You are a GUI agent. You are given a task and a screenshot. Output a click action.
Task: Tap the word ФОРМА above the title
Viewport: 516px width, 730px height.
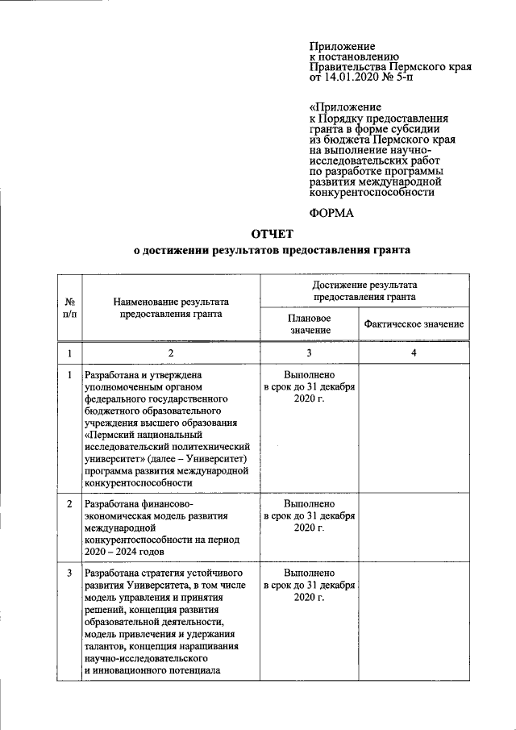(333, 213)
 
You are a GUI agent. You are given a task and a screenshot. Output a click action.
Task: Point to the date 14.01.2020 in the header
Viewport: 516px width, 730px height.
(352, 78)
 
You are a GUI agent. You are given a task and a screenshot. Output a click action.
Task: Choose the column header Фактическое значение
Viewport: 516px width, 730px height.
(414, 324)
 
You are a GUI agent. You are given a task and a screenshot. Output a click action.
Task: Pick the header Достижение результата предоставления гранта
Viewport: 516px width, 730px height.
(364, 290)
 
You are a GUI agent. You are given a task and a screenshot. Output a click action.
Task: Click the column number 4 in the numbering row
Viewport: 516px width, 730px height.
(414, 353)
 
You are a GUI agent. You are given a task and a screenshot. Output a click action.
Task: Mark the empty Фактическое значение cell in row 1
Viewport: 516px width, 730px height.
(414, 428)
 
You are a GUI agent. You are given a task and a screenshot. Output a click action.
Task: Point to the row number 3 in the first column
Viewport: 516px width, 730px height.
(69, 573)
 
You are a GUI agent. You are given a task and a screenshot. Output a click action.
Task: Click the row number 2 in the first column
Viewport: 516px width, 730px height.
(69, 503)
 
